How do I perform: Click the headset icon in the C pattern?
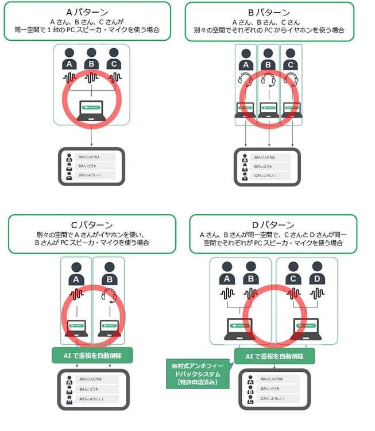point(109,297)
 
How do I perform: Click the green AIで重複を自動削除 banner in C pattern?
point(92,356)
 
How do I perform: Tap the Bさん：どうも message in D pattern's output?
point(279,390)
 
